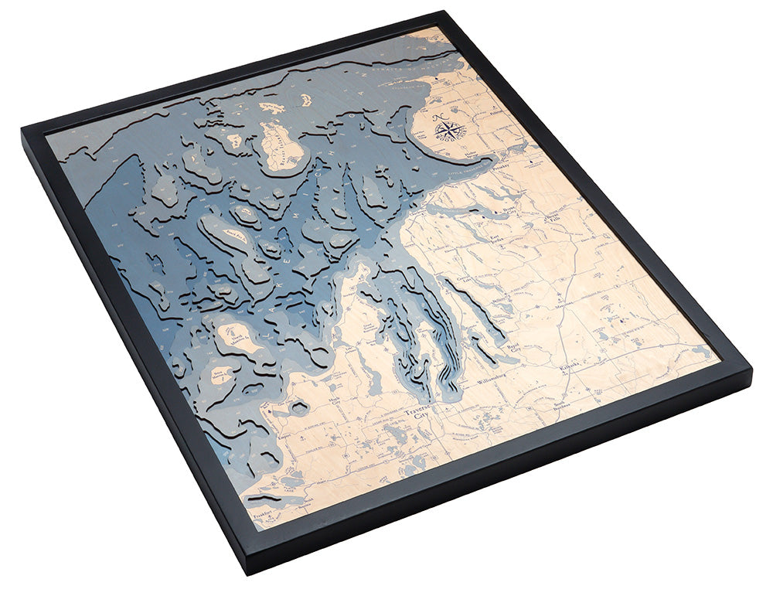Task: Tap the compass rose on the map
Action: (x=449, y=128)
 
